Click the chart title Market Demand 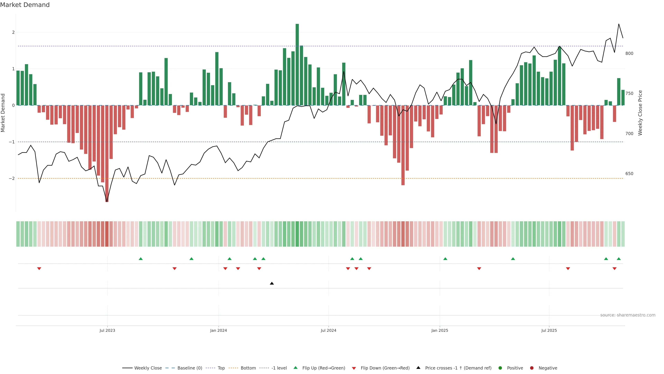25,5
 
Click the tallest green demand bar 297,65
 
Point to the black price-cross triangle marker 272,283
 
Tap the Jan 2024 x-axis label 218,330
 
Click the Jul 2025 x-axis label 549,330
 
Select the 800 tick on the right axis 629,54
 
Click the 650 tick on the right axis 629,174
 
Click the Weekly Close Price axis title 640,113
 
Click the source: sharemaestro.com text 628,315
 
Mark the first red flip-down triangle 39,269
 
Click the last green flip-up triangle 619,259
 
